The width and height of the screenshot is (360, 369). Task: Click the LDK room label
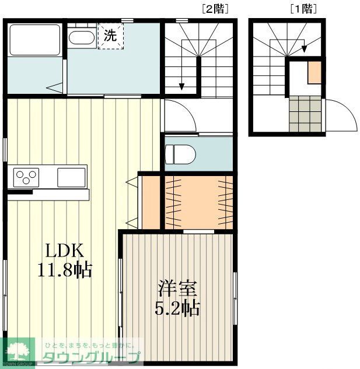65,251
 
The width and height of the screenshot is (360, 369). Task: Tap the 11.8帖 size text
65,270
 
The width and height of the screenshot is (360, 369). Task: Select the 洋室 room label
177,289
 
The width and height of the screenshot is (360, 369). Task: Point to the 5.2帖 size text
177,308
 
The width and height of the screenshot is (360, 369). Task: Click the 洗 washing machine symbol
110,35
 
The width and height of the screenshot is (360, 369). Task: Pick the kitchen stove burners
26,175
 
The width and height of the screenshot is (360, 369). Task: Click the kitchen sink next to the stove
71,175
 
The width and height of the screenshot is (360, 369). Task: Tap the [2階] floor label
214,9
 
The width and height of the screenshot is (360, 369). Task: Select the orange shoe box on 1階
314,71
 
